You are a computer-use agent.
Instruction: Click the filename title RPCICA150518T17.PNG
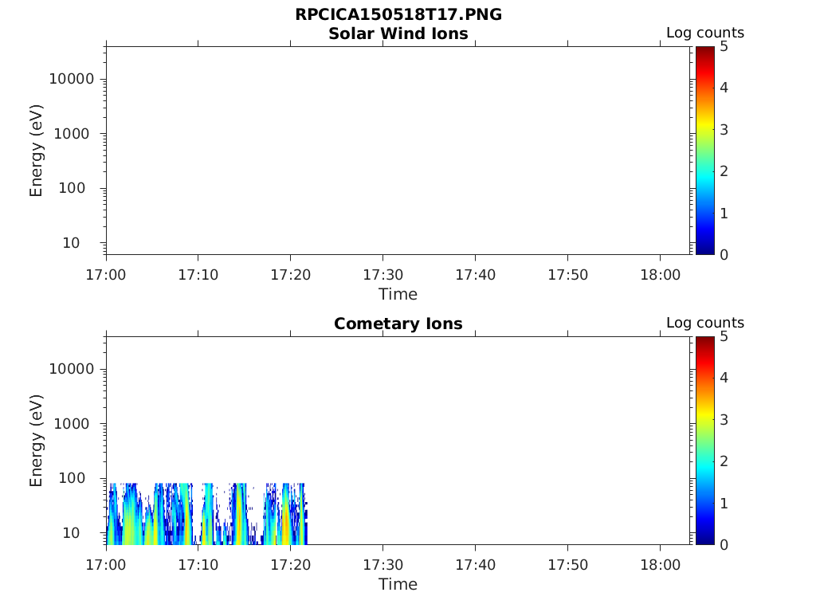[x=398, y=15]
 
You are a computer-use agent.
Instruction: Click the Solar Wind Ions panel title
[x=398, y=33]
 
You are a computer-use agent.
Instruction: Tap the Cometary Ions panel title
[x=398, y=324]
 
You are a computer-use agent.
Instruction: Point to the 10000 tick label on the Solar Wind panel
[x=72, y=79]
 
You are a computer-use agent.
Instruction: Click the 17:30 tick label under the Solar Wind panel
[x=383, y=275]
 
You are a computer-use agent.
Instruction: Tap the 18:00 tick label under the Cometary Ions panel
[x=660, y=565]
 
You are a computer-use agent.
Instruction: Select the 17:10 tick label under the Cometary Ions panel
[x=198, y=565]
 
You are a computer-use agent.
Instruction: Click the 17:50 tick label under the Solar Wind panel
[x=567, y=275]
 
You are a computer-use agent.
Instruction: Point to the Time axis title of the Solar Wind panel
[x=398, y=294]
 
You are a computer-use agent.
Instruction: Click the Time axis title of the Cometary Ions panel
[x=398, y=584]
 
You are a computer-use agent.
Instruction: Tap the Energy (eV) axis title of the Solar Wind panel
[x=37, y=151]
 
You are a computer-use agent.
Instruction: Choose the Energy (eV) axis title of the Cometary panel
[x=37, y=441]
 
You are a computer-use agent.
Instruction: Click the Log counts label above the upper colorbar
[x=704, y=33]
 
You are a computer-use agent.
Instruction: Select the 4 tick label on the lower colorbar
[x=724, y=378]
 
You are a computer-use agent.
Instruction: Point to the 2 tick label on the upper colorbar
[x=724, y=171]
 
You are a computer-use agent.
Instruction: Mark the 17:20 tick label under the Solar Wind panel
[x=291, y=275]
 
